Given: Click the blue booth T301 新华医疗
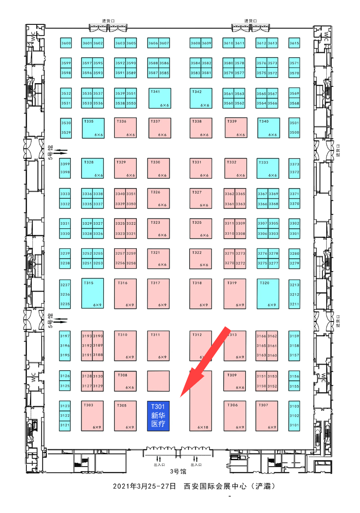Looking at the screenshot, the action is point(159,416).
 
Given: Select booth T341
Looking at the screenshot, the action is point(160,98).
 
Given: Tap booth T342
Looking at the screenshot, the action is point(201,98).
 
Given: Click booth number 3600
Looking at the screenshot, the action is point(66,43).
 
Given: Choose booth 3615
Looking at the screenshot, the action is point(294,43).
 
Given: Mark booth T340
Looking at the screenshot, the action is point(268,128).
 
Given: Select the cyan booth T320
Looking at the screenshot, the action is point(268,293).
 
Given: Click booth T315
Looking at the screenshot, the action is point(93,293).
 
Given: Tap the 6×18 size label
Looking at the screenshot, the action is point(203,427).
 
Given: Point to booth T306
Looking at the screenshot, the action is point(235,416).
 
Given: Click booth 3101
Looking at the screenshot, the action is point(294,425).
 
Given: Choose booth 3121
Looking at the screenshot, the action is point(65,425).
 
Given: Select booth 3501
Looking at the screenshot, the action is point(294,123).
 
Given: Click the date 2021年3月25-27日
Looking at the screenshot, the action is point(144,486).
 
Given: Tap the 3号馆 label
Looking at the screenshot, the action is point(178,471).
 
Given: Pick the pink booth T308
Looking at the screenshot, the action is point(125,381).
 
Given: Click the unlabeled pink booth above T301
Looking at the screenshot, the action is point(159,381).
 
